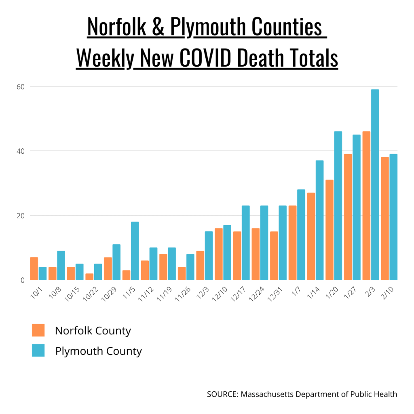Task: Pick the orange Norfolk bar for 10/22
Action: pos(89,277)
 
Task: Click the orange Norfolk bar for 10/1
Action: pos(34,268)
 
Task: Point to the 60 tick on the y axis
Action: pos(20,87)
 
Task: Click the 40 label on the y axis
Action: pos(20,151)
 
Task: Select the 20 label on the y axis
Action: pos(20,215)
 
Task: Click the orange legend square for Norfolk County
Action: pos(38,330)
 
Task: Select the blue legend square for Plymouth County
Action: pos(38,351)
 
